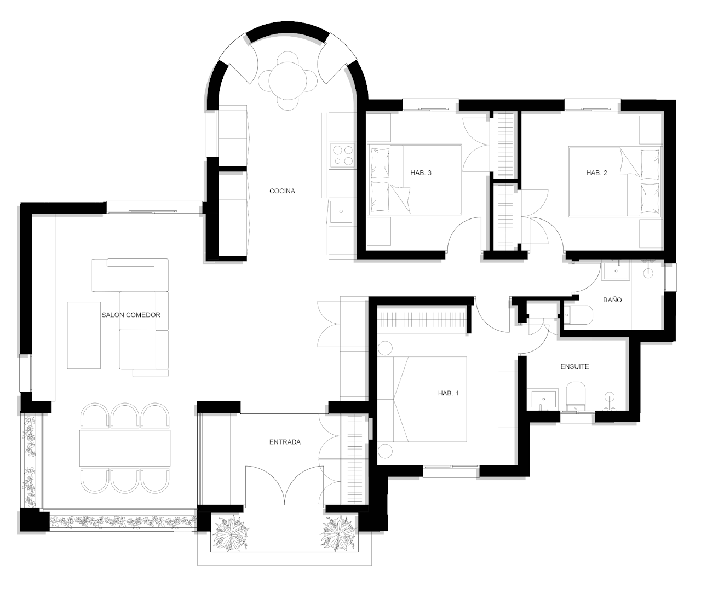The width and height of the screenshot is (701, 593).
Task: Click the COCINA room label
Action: click(282, 191)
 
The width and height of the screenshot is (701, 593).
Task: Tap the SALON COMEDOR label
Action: click(131, 315)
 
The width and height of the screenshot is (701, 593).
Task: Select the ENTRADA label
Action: click(285, 442)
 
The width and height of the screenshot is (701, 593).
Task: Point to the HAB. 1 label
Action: click(448, 393)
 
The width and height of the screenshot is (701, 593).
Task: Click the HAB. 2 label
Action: click(596, 173)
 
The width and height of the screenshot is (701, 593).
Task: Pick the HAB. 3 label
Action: click(421, 173)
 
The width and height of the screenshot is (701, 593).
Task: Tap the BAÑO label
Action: click(612, 300)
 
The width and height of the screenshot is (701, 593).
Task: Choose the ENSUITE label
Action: click(575, 366)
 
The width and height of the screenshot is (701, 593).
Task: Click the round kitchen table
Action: click(288, 80)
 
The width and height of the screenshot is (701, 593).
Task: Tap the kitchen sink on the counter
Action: click(341, 211)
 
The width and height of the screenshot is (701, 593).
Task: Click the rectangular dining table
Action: click(125, 447)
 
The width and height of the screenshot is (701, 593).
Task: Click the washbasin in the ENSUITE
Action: click(544, 399)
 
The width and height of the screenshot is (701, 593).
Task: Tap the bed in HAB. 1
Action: click(422, 399)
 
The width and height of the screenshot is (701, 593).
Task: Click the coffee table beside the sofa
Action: click(84, 335)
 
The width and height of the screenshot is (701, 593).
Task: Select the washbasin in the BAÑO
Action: click(616, 271)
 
